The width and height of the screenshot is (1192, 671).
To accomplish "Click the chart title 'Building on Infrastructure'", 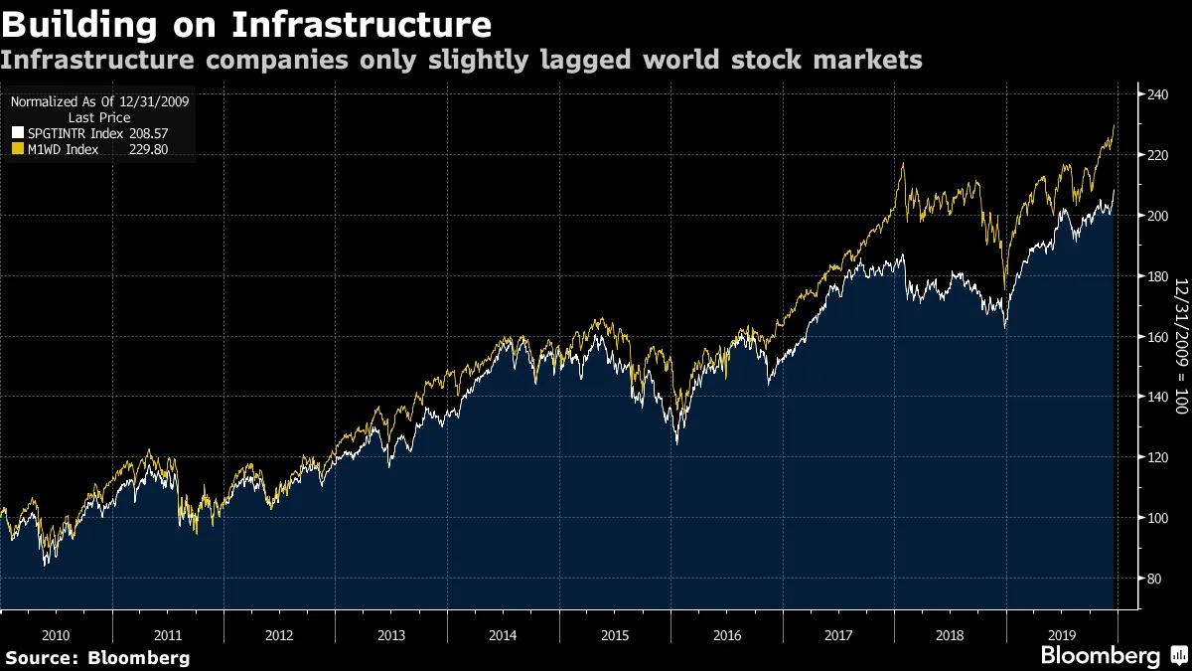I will pos(246,24).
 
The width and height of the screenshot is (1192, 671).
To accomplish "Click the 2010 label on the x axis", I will pos(57,634).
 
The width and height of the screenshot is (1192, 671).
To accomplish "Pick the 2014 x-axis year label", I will pos(503,634).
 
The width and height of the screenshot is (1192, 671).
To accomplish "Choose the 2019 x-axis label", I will pos(1061,634).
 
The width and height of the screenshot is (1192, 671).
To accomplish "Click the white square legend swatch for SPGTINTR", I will pos(17,133).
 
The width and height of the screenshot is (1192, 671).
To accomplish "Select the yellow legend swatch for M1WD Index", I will pos(17,149).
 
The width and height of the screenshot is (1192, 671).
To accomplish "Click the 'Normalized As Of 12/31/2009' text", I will pos(100,101).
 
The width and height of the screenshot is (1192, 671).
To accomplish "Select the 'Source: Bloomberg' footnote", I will pos(97,657).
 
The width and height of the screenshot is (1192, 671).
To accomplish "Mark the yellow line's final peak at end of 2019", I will pos(1114,125).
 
